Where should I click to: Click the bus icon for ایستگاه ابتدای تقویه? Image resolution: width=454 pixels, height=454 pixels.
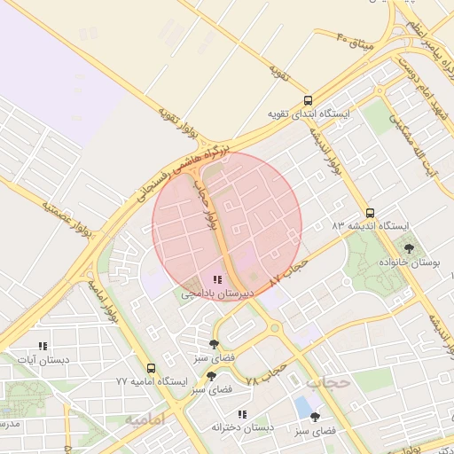click(308, 101)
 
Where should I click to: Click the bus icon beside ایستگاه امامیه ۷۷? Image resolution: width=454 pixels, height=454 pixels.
click(151, 368)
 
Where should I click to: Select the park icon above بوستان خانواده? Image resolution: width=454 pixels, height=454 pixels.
click(408, 248)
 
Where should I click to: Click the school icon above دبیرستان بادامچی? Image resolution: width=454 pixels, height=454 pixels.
click(218, 279)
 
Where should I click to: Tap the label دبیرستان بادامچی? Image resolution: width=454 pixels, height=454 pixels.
click(218, 293)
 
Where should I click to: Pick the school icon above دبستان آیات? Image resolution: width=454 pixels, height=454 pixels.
click(42, 347)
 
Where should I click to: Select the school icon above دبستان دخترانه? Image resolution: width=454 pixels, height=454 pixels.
click(241, 414)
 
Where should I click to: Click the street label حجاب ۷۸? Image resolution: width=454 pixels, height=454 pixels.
click(266, 373)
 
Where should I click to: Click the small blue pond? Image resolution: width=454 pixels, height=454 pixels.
click(303, 407)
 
